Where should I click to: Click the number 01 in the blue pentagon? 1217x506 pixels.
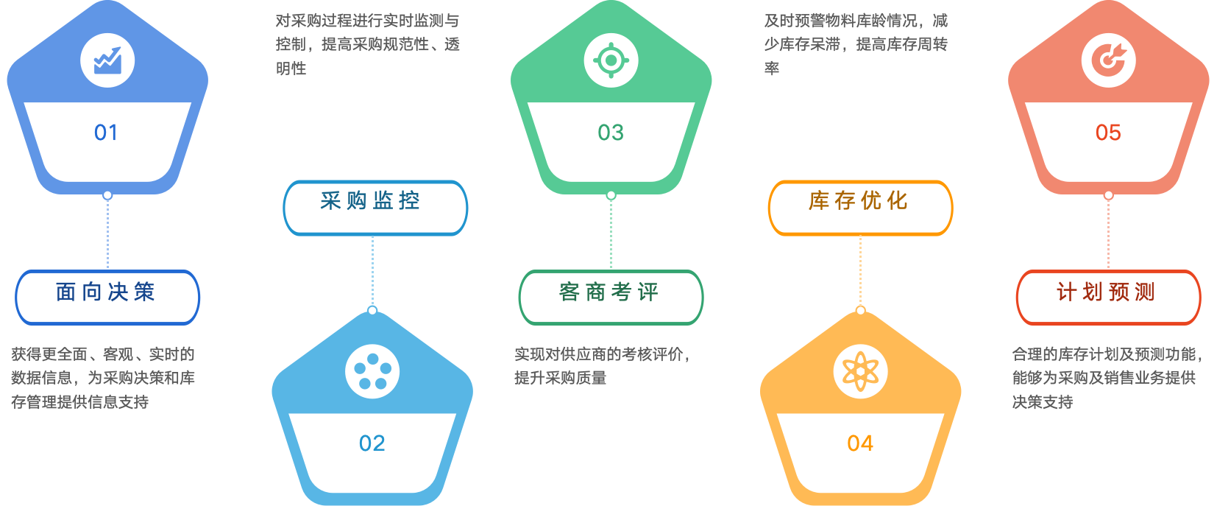(x=106, y=133)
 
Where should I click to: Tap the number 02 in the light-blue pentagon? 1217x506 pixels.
(x=372, y=443)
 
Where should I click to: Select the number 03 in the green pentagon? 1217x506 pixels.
(x=611, y=133)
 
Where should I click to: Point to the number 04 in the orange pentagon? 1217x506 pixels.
(x=860, y=443)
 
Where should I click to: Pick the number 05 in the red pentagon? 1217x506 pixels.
(x=1108, y=133)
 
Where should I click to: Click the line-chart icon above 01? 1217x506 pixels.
(x=107, y=60)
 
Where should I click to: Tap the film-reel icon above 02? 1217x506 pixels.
(x=372, y=371)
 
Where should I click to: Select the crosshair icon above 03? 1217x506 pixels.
(x=611, y=60)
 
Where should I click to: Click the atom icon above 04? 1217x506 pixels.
(x=860, y=371)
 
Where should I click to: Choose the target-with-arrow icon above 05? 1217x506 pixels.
(x=1108, y=60)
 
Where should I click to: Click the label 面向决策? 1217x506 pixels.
(x=107, y=292)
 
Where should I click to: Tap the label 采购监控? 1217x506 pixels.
(x=372, y=201)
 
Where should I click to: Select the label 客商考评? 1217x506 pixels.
(x=610, y=292)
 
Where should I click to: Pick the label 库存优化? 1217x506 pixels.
(x=859, y=201)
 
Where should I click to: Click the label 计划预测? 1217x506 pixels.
(x=1107, y=292)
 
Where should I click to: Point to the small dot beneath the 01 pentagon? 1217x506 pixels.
(x=107, y=195)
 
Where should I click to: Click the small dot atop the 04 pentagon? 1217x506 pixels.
(x=860, y=310)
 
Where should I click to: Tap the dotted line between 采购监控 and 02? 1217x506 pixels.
(x=372, y=270)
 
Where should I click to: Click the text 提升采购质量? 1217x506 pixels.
(x=561, y=378)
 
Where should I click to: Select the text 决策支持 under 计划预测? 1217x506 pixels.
(x=1043, y=402)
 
